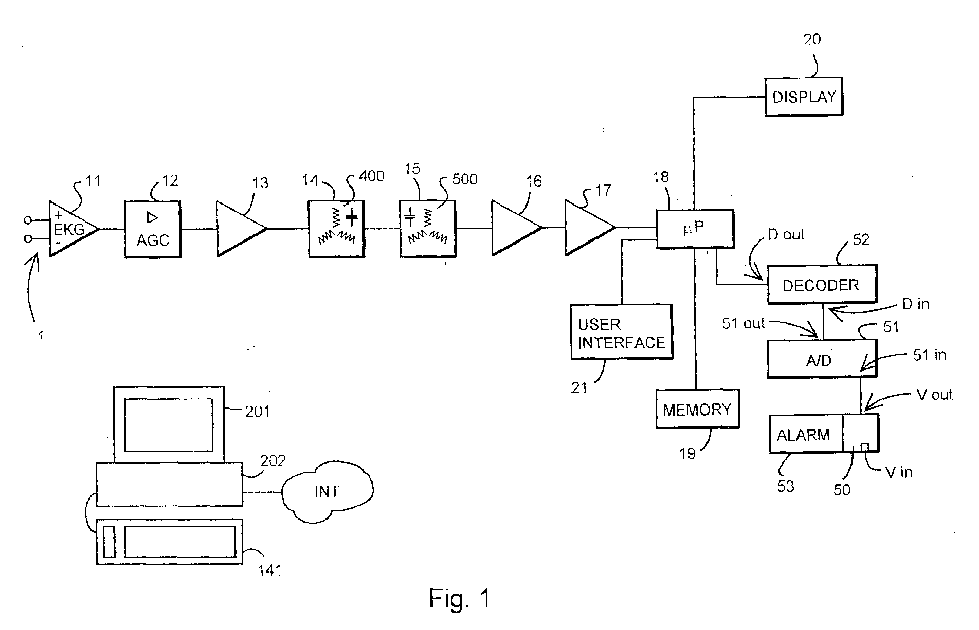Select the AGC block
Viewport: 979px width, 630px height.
click(x=153, y=229)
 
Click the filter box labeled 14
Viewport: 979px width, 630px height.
click(x=336, y=229)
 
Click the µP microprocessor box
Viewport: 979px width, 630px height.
click(x=695, y=229)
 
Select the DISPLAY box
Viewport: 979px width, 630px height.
click(x=804, y=97)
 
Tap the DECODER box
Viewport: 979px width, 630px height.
click(x=822, y=284)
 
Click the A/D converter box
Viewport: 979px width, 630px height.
click(x=822, y=359)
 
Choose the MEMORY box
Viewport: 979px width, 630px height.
click(x=697, y=409)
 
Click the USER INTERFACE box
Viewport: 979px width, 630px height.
click(x=622, y=331)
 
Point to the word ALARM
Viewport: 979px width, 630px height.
click(x=803, y=435)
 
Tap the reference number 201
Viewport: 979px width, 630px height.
click(x=257, y=412)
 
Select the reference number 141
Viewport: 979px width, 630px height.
click(x=269, y=569)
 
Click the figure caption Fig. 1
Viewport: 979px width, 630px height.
click(x=460, y=599)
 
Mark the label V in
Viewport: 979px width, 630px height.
click(x=899, y=472)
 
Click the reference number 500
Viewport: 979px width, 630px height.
click(x=465, y=179)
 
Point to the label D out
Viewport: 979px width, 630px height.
click(x=786, y=235)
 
